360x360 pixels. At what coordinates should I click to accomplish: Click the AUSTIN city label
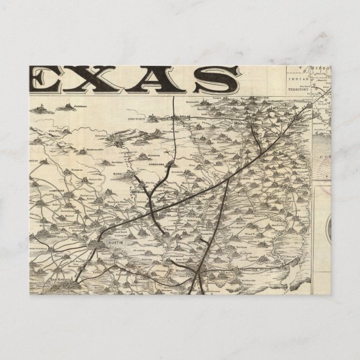[110, 244]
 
